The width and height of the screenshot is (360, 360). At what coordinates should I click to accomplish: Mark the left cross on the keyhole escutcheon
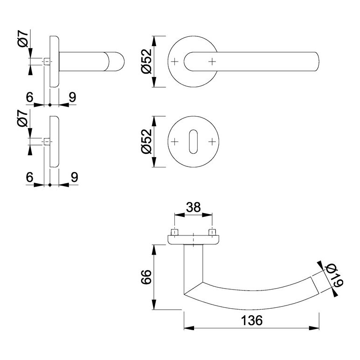pyautogui.click(x=174, y=141)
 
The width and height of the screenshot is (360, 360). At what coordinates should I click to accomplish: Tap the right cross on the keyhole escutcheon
pyautogui.click(x=213, y=141)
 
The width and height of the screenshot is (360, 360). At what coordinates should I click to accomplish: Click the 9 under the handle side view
pyautogui.click(x=72, y=97)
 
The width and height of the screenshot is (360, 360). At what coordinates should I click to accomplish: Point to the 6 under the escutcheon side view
pyautogui.click(x=30, y=177)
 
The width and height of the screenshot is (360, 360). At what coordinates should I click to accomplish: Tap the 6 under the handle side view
pyautogui.click(x=30, y=97)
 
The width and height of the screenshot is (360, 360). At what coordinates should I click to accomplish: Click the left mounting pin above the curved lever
pyautogui.click(x=174, y=232)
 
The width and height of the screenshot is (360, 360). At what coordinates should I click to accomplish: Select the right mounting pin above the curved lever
pyautogui.click(x=213, y=232)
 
